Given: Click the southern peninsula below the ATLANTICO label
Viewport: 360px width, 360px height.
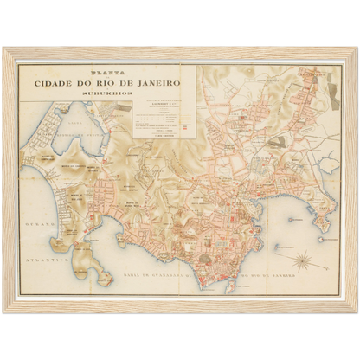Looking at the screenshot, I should point(103,277).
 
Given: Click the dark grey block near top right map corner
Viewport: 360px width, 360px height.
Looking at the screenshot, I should point(334,95).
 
